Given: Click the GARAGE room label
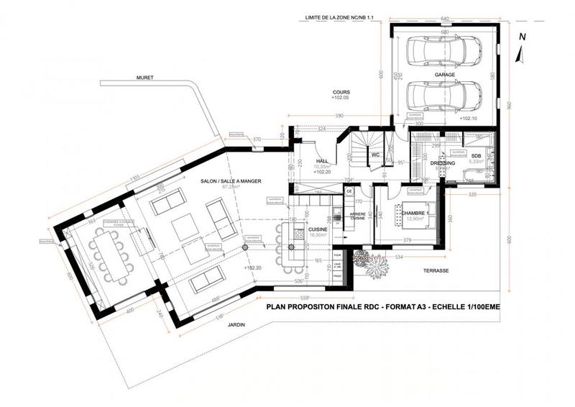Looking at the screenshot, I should pyautogui.click(x=445, y=74).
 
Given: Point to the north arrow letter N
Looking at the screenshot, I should pyautogui.click(x=523, y=35).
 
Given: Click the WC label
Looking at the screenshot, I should pyautogui.click(x=375, y=155).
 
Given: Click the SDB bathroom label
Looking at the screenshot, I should pyautogui.click(x=476, y=156).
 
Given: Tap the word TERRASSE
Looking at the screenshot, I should pyautogui.click(x=436, y=271).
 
